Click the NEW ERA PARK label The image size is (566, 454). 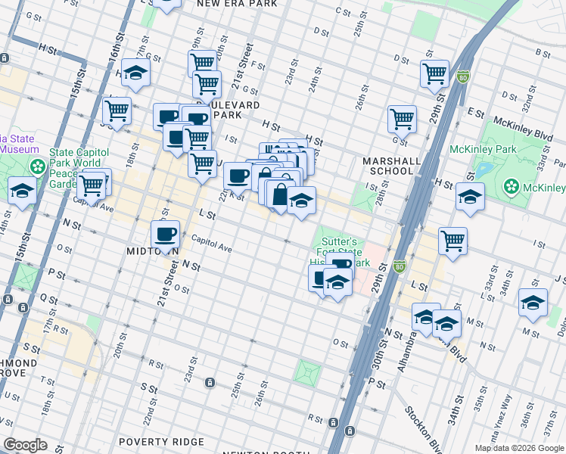coord(232,4)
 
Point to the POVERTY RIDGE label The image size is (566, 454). coord(161,442)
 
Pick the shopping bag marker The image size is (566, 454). coord(280,194)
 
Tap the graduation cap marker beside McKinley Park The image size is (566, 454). coord(470,197)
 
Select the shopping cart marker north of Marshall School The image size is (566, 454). coord(402,117)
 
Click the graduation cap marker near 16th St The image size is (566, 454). coord(136,72)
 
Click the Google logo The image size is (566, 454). coord(25,445)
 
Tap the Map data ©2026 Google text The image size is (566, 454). coord(519,448)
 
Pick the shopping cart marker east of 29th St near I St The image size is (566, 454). coord(452,241)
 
